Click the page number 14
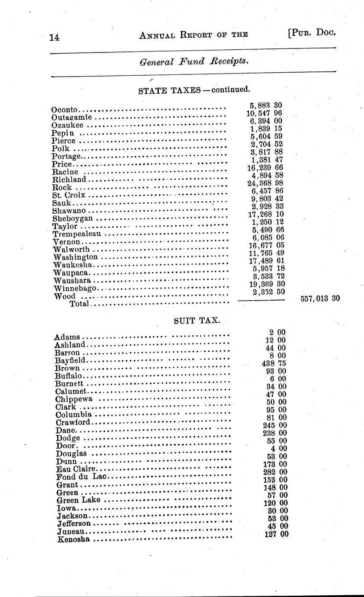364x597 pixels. (x=55, y=37)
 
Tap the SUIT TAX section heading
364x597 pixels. (x=197, y=321)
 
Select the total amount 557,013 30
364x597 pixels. (x=320, y=298)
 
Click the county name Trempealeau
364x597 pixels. (x=77, y=234)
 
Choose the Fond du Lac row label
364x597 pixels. (x=81, y=477)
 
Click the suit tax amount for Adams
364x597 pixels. (x=277, y=332)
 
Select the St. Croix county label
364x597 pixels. (x=68, y=195)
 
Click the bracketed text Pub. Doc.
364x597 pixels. (x=311, y=33)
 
